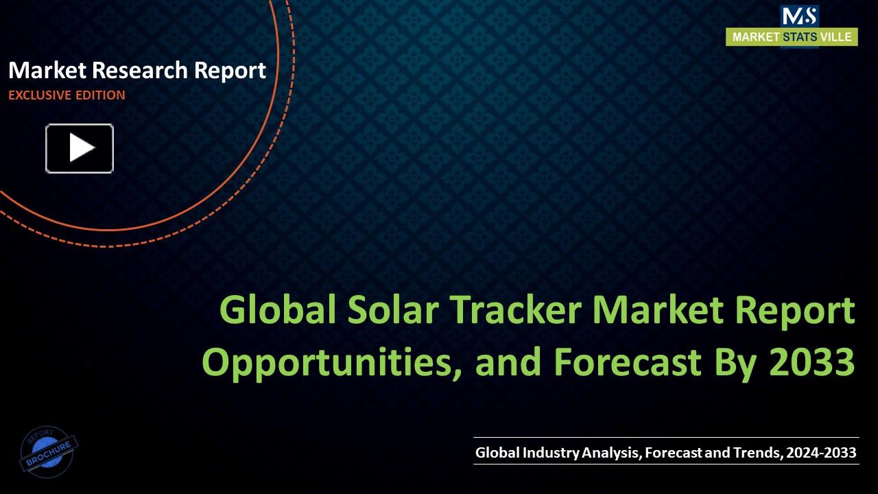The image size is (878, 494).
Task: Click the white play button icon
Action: point(80,148)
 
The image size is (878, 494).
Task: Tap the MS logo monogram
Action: point(799,15)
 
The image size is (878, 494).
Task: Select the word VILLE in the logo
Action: point(838,37)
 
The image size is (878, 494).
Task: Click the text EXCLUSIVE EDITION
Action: point(67,95)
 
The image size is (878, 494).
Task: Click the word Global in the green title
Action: point(278,311)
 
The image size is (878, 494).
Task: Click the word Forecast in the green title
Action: point(626,362)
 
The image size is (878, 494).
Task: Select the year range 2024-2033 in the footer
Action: point(821,453)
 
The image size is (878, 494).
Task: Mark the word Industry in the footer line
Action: point(551,453)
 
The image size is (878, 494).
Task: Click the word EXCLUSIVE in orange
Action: point(39,95)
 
